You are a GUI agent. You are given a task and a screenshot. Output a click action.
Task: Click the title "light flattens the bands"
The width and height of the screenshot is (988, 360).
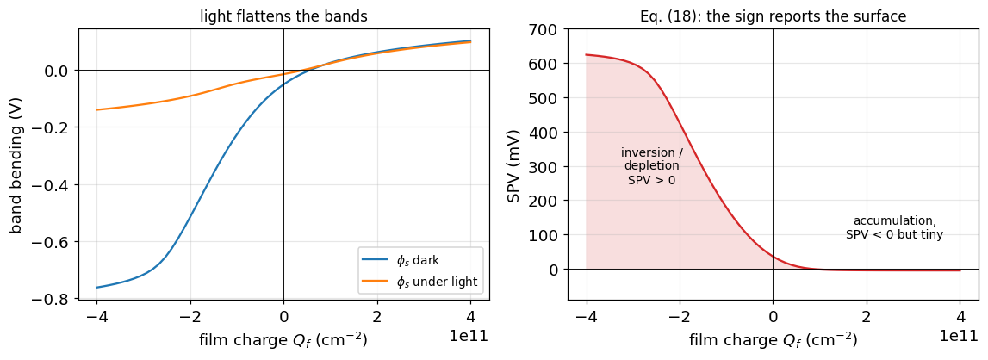click(283, 16)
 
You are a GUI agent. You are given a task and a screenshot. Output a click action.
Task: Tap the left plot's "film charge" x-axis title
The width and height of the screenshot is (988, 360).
click(283, 340)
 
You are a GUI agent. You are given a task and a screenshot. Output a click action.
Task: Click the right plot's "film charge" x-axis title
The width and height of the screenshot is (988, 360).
click(774, 340)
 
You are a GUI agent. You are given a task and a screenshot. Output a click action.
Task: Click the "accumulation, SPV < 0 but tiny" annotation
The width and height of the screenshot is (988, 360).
click(894, 227)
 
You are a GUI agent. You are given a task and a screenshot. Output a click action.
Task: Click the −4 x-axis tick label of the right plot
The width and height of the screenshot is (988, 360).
click(586, 314)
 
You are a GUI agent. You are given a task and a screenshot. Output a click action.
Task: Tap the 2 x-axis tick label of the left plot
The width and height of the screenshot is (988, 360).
click(376, 314)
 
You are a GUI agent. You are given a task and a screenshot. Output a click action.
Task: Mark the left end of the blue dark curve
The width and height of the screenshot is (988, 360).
click(96, 288)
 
